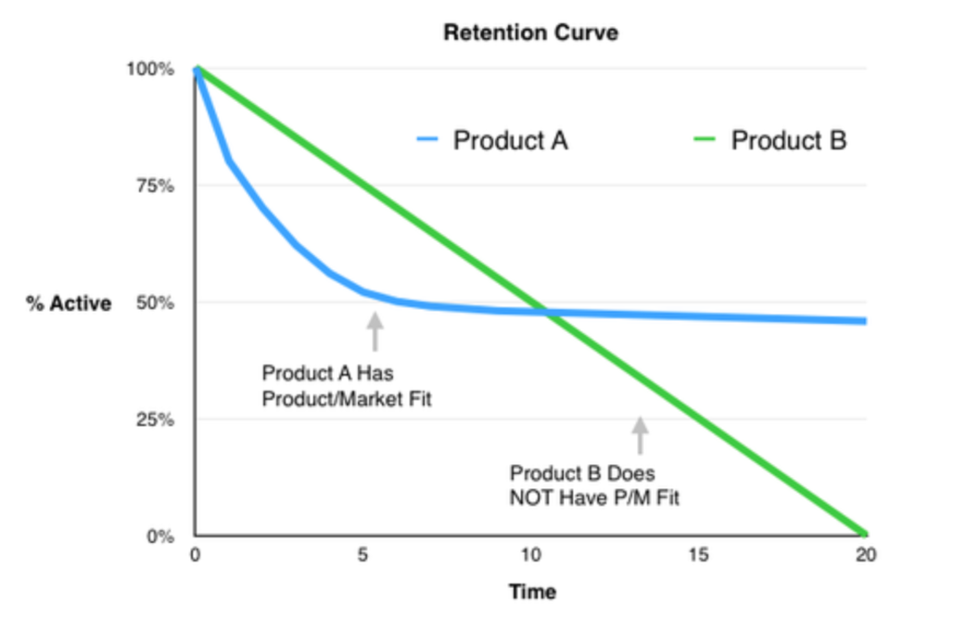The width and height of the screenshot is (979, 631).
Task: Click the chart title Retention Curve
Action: tap(530, 32)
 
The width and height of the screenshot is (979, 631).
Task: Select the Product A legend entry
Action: tap(492, 140)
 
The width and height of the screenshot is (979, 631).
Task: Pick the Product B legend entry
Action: tap(770, 140)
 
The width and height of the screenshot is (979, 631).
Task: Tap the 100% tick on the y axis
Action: tap(150, 69)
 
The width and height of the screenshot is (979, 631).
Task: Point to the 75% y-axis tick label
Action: tap(155, 186)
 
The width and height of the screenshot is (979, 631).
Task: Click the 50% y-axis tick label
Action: tap(155, 303)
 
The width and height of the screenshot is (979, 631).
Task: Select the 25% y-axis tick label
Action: tap(155, 419)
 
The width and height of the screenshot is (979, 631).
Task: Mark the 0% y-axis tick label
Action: tap(160, 536)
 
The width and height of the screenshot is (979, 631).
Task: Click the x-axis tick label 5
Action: tap(362, 555)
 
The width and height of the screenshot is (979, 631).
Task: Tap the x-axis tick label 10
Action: tap(530, 555)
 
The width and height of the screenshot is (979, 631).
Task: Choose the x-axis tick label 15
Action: tap(699, 555)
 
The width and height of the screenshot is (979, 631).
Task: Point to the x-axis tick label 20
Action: tap(866, 555)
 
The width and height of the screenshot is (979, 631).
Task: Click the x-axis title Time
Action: tap(532, 592)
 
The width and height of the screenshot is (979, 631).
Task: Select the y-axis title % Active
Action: tap(69, 303)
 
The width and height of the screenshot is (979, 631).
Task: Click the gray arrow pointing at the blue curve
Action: tap(375, 331)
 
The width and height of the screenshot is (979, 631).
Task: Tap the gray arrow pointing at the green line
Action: tap(640, 435)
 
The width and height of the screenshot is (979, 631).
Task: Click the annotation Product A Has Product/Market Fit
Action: tap(347, 385)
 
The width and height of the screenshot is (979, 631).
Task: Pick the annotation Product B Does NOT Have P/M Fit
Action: tap(594, 485)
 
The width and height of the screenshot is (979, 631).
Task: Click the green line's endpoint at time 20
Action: tap(865, 534)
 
